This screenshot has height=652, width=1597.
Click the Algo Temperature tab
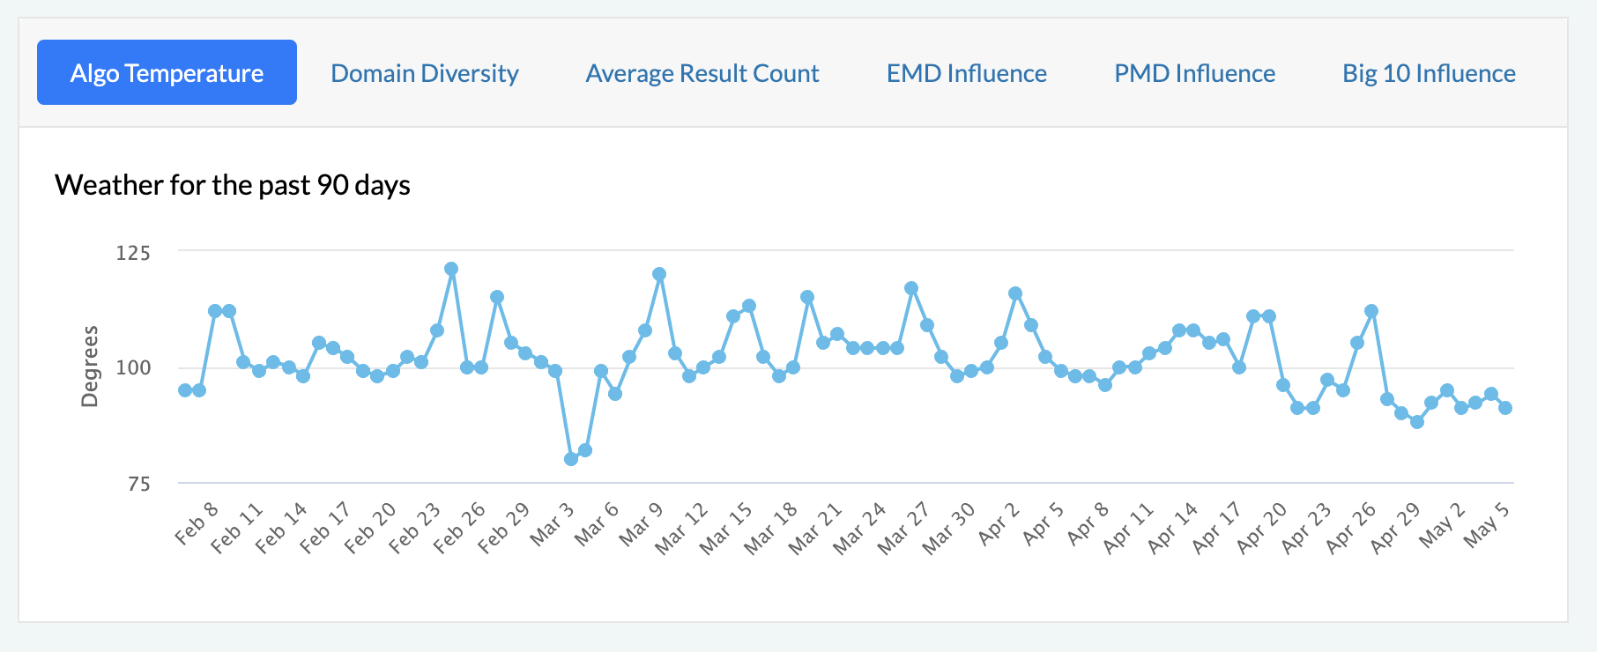pos(167,72)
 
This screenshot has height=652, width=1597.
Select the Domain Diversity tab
pos(424,73)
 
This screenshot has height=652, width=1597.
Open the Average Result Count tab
pos(702,73)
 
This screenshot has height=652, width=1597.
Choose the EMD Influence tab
pos(966,73)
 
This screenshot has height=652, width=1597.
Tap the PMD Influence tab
pos(1194,73)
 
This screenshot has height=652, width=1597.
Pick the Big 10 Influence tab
pos(1429,73)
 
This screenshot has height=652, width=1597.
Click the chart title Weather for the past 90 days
pos(233,185)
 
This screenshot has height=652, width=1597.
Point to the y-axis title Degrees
pos(89,367)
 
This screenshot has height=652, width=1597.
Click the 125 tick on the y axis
pos(133,253)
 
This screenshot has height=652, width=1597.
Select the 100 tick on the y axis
pos(133,367)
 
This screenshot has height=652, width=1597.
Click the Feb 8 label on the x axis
pos(197,524)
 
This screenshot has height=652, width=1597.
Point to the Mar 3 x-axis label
pos(552,524)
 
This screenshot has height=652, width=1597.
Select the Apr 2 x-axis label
pos(999,524)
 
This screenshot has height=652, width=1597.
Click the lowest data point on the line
pos(571,459)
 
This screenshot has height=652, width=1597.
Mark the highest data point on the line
pos(451,269)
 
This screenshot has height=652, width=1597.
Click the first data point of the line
pos(185,390)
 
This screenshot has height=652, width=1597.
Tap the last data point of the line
pos(1505,408)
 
